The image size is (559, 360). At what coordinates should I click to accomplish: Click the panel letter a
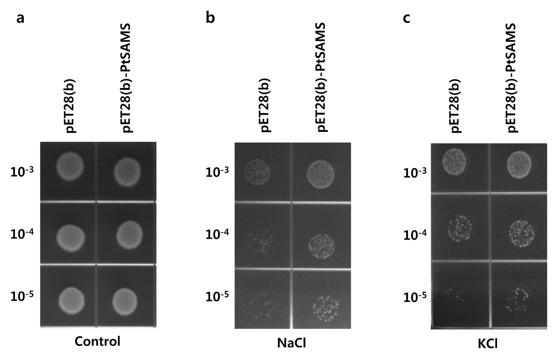click(x=21, y=18)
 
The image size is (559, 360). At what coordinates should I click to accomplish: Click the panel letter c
click(x=406, y=18)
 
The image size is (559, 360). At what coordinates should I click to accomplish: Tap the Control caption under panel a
click(x=97, y=341)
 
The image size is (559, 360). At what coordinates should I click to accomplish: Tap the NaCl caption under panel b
click(x=291, y=343)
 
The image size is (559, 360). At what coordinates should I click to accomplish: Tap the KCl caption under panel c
click(x=487, y=344)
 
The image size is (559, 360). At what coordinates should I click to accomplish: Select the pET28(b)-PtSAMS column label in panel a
click(x=127, y=78)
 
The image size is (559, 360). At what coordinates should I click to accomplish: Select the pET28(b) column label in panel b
click(x=265, y=105)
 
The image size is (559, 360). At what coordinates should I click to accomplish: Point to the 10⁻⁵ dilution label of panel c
click(x=415, y=297)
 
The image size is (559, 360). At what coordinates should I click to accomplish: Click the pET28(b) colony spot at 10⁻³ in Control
click(x=70, y=166)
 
